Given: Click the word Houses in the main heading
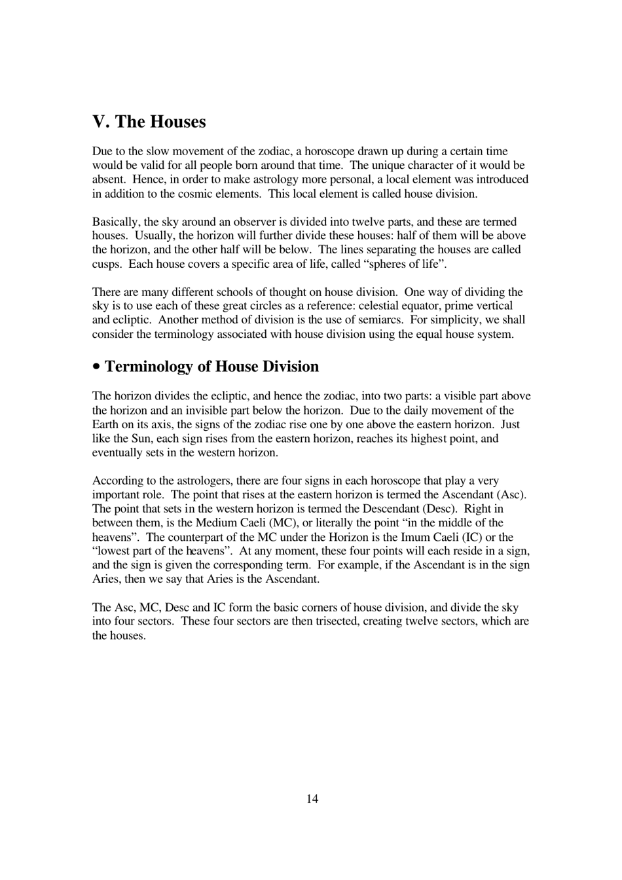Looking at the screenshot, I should (177, 122).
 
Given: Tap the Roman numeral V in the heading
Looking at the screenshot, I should (99, 122).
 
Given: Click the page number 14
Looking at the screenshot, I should (312, 798).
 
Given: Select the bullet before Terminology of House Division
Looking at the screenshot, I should (97, 367).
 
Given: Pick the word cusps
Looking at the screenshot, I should (107, 264).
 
